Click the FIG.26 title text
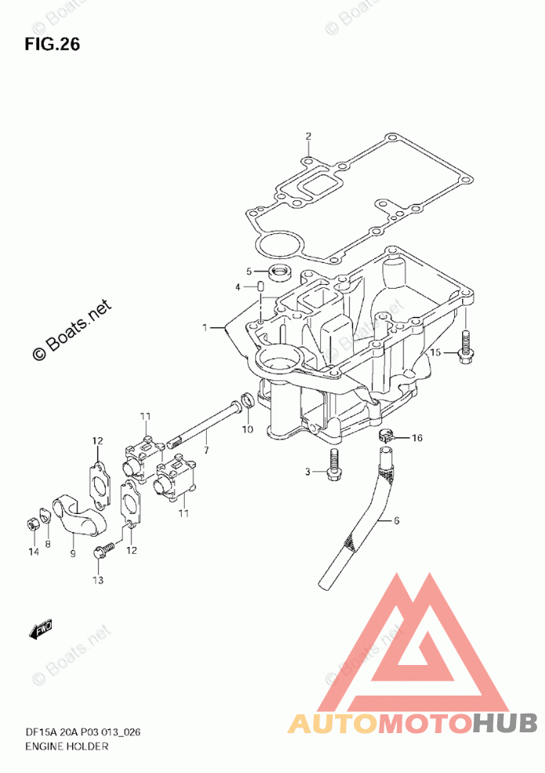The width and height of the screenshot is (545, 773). [52, 44]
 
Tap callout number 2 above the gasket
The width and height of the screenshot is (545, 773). [309, 137]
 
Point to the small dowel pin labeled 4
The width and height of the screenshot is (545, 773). [262, 288]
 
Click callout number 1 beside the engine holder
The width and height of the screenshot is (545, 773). [206, 328]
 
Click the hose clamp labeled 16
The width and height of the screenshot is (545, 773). [385, 435]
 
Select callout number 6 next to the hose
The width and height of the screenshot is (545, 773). [396, 520]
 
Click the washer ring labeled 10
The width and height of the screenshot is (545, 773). [245, 401]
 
